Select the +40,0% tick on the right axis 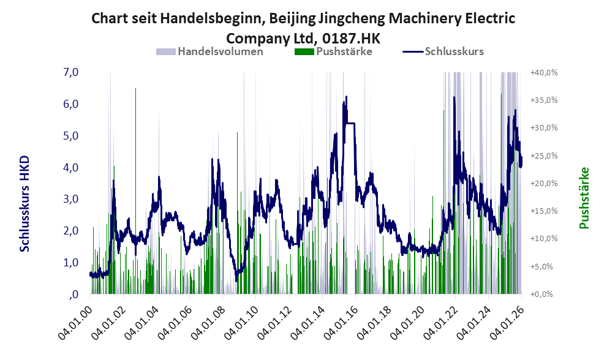point(543,72)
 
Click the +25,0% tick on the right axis point(543,156)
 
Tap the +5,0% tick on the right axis point(543,266)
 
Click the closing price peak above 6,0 point(346,97)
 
